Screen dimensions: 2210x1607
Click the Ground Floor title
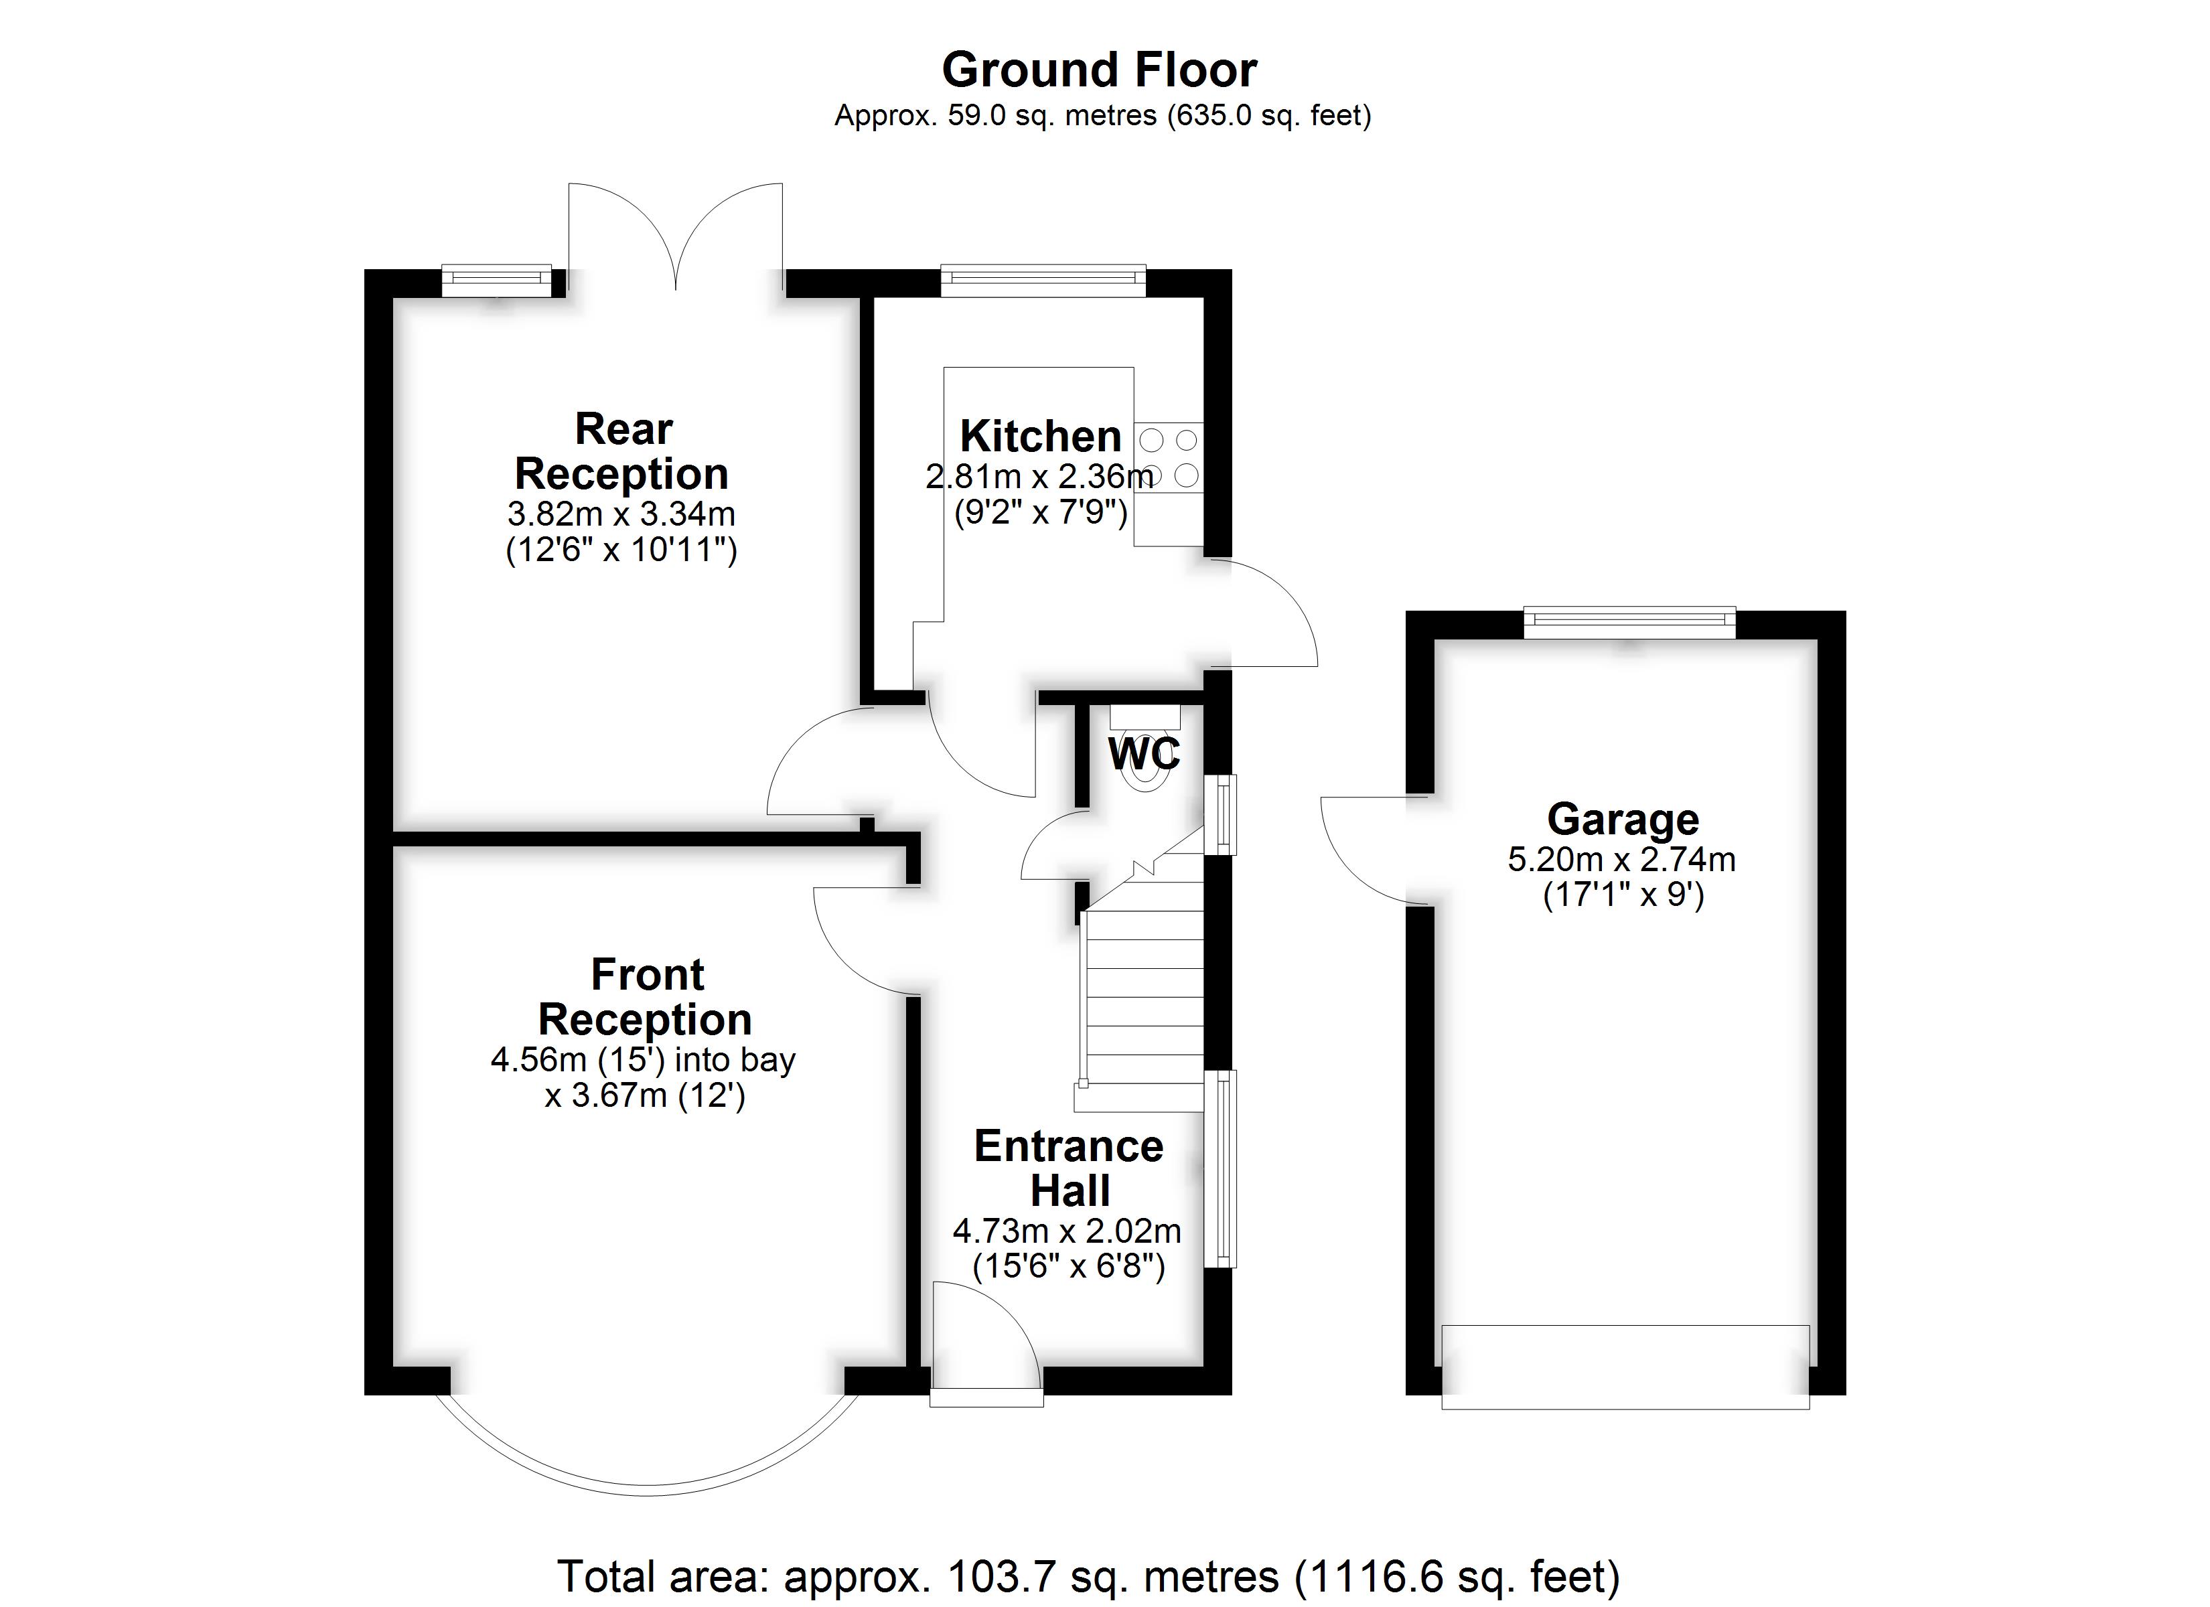pyautogui.click(x=1099, y=70)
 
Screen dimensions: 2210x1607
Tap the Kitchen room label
pyautogui.click(x=1040, y=436)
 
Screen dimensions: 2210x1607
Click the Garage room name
pyautogui.click(x=1623, y=820)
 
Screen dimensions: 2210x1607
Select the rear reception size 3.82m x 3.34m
pyautogui.click(x=621, y=514)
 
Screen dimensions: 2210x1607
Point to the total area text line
pyautogui.click(x=1088, y=1575)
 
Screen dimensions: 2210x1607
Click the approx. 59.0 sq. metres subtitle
pyautogui.click(x=1102, y=116)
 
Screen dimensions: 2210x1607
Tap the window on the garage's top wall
pyautogui.click(x=1630, y=623)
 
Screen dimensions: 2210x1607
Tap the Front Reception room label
pyautogui.click(x=645, y=997)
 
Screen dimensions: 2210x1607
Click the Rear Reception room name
pyautogui.click(x=621, y=451)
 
